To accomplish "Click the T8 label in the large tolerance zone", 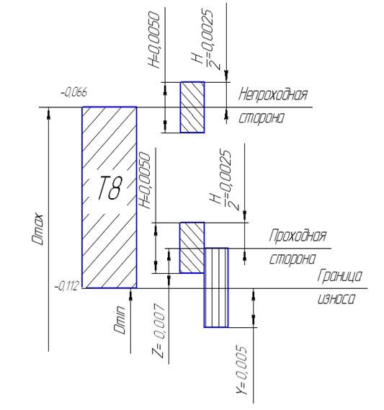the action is coord(110,187).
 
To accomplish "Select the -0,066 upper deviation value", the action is coord(73,92).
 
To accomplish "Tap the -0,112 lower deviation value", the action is coord(66,286).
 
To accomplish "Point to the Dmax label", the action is coord(37,229).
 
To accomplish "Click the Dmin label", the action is coord(120,319).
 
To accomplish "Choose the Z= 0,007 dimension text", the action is coord(158,331).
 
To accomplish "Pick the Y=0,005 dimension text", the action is coord(241,370).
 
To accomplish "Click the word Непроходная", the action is coord(272,94).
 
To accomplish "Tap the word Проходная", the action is coord(298,236).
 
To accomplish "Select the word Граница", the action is coord(340,275).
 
